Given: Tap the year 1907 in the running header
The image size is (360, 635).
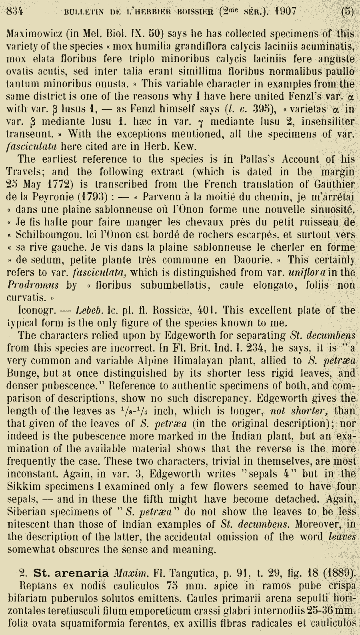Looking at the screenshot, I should tap(286, 11).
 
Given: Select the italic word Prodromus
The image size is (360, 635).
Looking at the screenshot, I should tap(33, 285).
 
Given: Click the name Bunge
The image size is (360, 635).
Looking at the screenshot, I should tap(21, 373).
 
